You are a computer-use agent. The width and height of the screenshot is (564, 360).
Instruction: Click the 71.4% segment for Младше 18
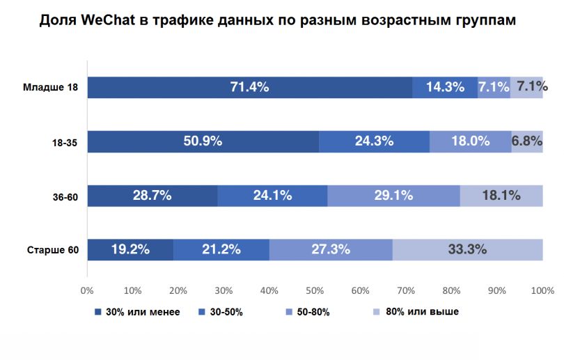[x=249, y=87]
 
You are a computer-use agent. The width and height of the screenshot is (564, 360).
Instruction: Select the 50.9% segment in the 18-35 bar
[x=203, y=141]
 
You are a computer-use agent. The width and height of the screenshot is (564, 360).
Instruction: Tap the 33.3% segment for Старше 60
[x=467, y=249]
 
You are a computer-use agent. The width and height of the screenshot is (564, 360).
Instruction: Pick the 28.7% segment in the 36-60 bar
[x=152, y=196]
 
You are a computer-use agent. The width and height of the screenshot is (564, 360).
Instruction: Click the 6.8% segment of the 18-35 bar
[x=527, y=141]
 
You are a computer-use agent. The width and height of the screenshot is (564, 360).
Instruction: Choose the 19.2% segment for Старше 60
[x=130, y=249]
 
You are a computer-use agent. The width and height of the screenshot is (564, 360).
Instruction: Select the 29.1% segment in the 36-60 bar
[x=393, y=196]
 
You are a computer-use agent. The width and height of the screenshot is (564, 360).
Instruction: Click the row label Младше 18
[x=51, y=87]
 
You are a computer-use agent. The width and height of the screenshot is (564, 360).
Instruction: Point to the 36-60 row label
[x=64, y=196]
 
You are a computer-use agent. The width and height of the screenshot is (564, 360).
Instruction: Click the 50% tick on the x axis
[x=315, y=290]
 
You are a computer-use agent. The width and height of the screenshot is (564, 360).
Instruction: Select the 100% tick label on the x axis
[x=542, y=290]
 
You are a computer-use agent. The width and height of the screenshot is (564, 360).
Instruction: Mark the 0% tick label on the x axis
[x=87, y=290]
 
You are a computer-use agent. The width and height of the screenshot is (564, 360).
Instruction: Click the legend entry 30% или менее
[x=142, y=312]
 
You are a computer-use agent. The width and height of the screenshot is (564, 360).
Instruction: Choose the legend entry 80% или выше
[x=424, y=311]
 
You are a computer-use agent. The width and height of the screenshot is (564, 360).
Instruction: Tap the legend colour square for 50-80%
[x=288, y=312]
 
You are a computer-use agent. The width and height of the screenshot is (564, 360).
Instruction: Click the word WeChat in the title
[x=110, y=20]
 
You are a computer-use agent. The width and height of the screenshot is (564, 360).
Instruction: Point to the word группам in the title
[x=480, y=20]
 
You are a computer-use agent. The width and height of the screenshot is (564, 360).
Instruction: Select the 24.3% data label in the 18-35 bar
[x=374, y=141]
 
